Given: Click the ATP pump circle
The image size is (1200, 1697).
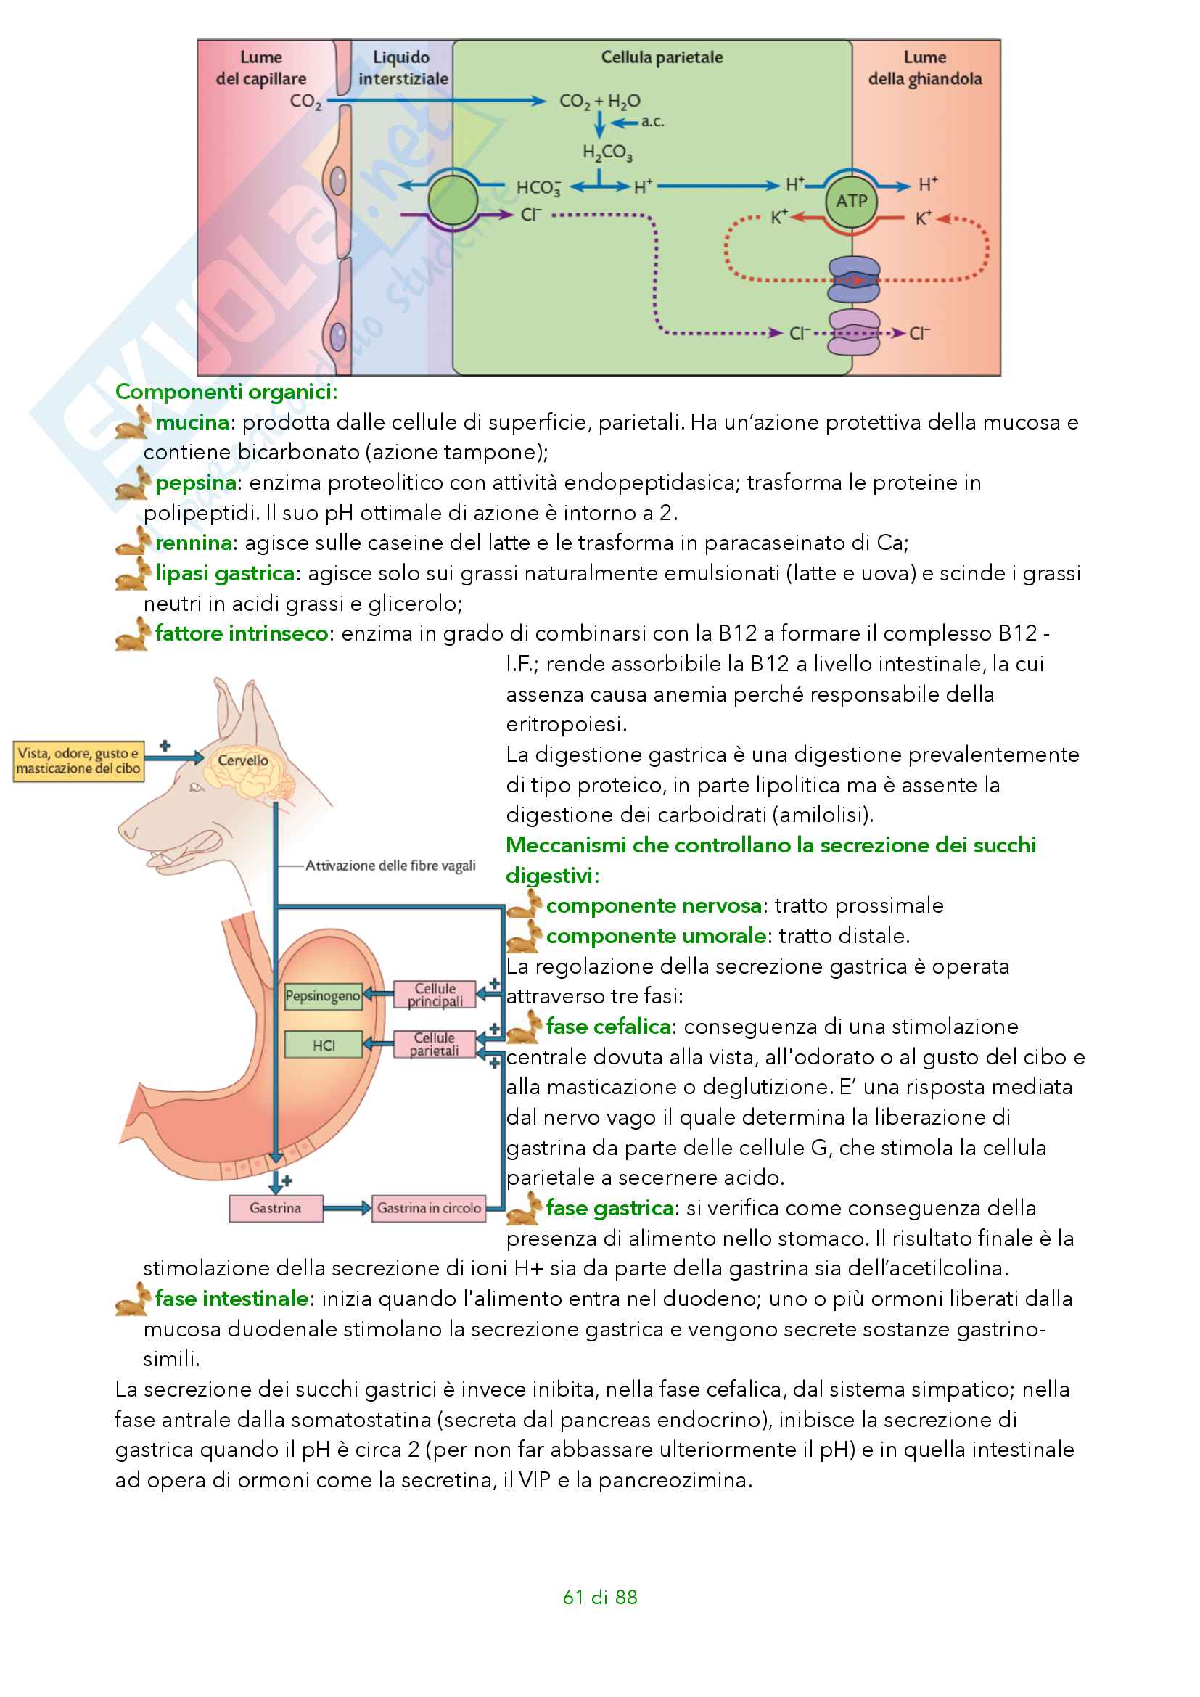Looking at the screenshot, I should (x=851, y=201).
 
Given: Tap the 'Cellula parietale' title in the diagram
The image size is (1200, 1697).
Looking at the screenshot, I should (x=662, y=57).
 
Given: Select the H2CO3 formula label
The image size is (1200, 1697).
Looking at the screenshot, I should (x=607, y=152).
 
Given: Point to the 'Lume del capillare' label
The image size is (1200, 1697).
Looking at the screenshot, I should (x=261, y=68).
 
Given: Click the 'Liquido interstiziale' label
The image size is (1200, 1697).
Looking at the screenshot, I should (x=403, y=68).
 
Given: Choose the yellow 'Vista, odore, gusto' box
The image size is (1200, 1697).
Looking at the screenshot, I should (x=78, y=761).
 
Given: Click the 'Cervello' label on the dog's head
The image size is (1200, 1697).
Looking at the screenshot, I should (x=243, y=760).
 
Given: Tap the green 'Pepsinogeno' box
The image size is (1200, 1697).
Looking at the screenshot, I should (x=323, y=995).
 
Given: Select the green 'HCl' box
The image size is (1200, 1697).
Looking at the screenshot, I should (x=324, y=1045).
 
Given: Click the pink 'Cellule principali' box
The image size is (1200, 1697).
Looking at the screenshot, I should (x=435, y=995).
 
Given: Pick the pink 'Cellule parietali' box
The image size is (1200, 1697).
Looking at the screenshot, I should (x=434, y=1043).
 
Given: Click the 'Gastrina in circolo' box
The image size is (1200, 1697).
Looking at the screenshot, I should (x=429, y=1208).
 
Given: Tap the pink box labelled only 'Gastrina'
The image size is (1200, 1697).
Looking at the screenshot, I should (x=275, y=1208).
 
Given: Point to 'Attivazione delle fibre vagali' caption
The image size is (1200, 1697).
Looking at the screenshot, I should (x=390, y=866).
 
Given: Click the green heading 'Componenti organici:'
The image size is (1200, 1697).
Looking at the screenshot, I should (x=226, y=392).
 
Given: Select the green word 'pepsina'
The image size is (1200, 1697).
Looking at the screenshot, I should (x=196, y=482).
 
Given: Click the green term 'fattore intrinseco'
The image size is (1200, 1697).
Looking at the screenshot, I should (x=242, y=633).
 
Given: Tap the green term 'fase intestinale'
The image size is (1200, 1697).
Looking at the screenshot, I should (x=232, y=1299).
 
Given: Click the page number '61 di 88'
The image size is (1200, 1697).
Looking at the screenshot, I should (x=599, y=1597).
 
